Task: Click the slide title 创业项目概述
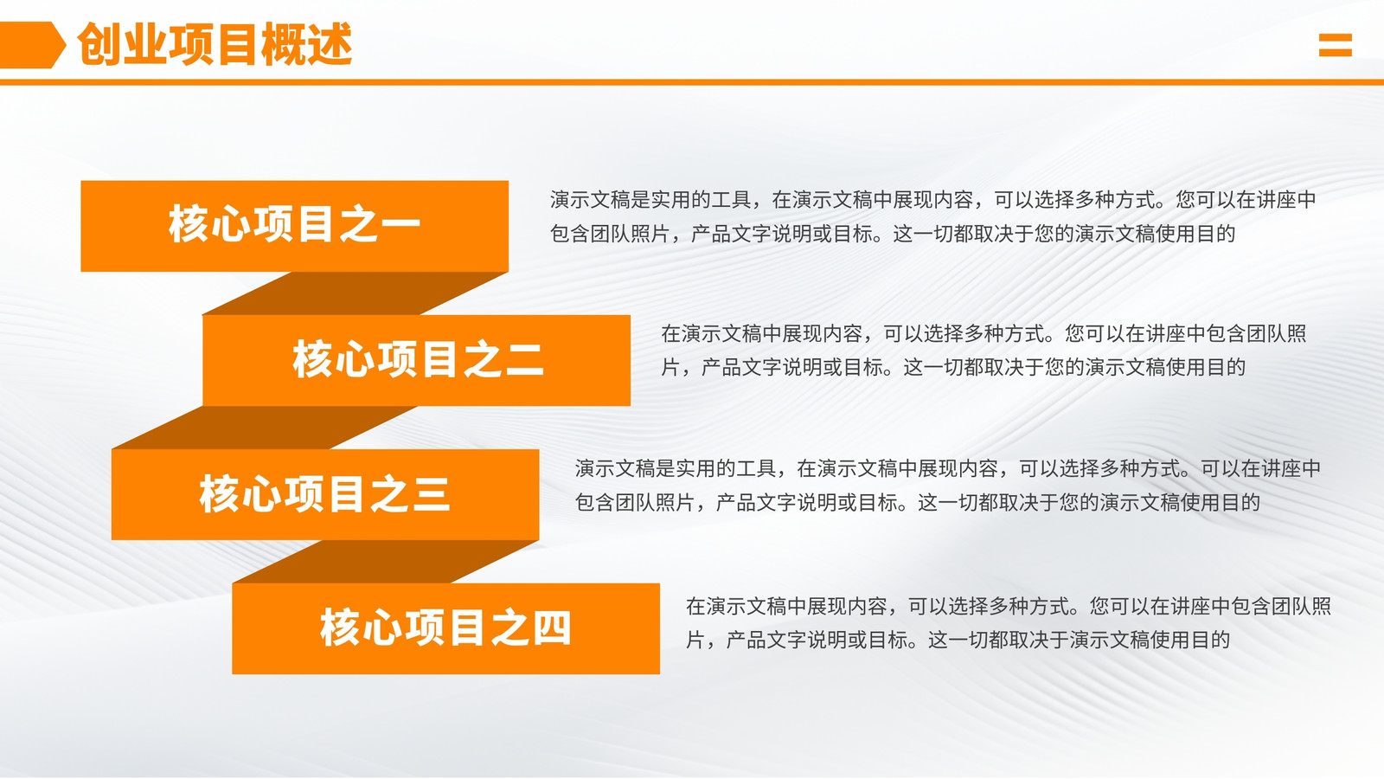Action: click(x=215, y=44)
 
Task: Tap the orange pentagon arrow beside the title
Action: click(x=32, y=44)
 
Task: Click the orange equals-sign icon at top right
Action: click(x=1336, y=45)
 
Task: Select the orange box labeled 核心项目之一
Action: click(x=295, y=226)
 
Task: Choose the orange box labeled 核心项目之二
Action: click(x=416, y=360)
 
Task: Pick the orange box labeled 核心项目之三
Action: click(x=325, y=494)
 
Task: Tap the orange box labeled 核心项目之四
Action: click(x=446, y=628)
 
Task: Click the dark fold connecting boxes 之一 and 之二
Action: click(x=356, y=293)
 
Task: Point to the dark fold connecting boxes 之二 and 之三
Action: click(x=265, y=428)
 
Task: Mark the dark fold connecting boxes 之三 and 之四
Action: click(x=386, y=562)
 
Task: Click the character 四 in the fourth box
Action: click(x=552, y=628)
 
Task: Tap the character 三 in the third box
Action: click(x=432, y=494)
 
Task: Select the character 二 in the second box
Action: click(x=524, y=360)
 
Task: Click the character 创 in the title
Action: click(x=99, y=44)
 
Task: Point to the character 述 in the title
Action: click(x=330, y=44)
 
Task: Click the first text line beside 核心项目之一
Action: click(x=933, y=200)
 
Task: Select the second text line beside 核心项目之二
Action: click(x=952, y=367)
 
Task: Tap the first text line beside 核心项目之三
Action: click(x=948, y=468)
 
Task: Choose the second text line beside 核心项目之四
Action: click(x=958, y=640)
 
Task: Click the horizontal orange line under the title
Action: click(x=692, y=81)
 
